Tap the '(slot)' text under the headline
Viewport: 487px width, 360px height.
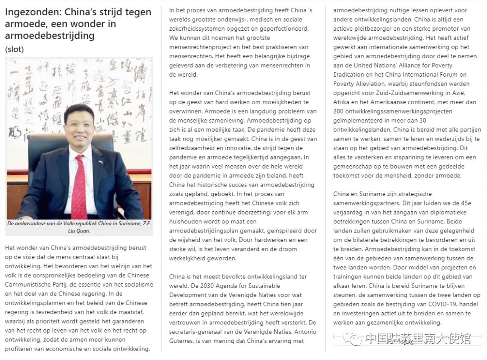point(14,49)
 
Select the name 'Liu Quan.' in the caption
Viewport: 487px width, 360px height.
point(79,231)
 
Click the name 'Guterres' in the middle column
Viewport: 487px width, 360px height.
point(184,341)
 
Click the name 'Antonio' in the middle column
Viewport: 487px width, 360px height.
point(305,332)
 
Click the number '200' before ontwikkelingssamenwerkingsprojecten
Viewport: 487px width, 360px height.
point(339,111)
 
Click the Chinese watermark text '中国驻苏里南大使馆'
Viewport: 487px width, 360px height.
point(418,338)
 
